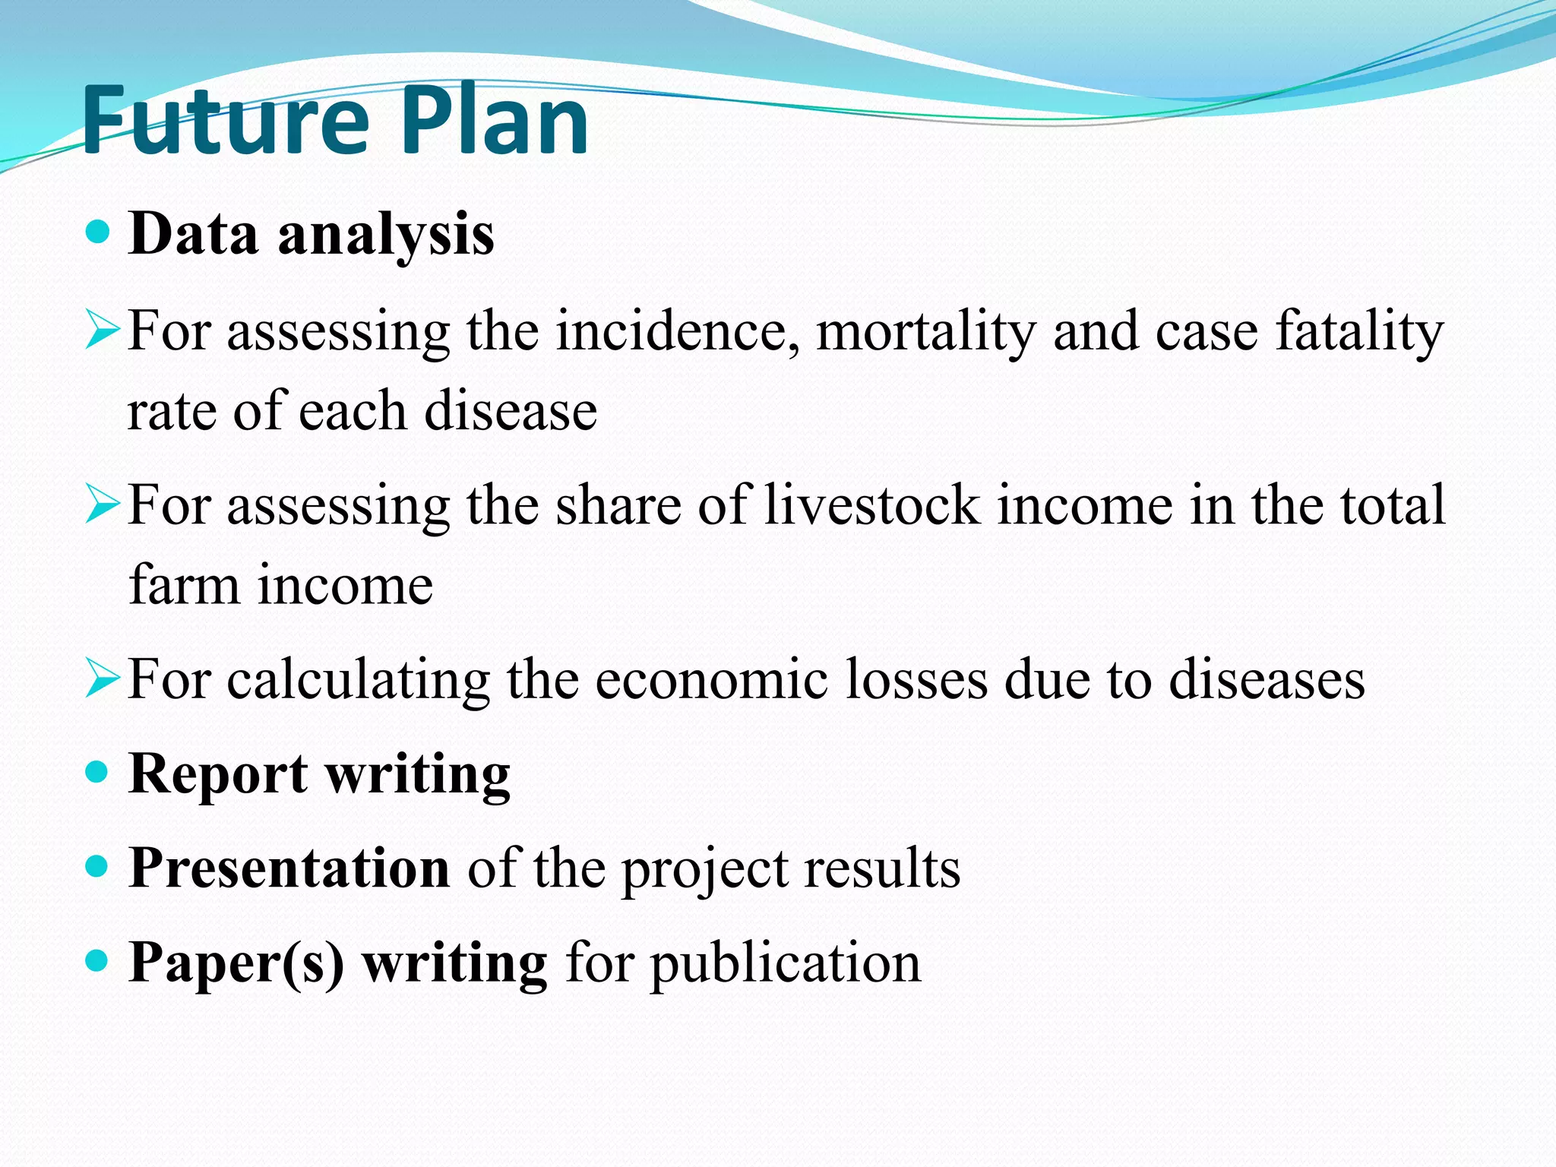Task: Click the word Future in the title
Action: tap(225, 122)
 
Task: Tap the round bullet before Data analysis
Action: tap(97, 231)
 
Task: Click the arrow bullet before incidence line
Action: tap(102, 331)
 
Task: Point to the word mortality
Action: tap(925, 333)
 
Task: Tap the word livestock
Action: tap(872, 505)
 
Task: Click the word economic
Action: tap(711, 679)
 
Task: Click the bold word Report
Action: tap(218, 775)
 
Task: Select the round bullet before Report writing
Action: tap(97, 773)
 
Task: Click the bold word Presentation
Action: tap(289, 868)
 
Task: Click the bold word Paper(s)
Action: tap(236, 963)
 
